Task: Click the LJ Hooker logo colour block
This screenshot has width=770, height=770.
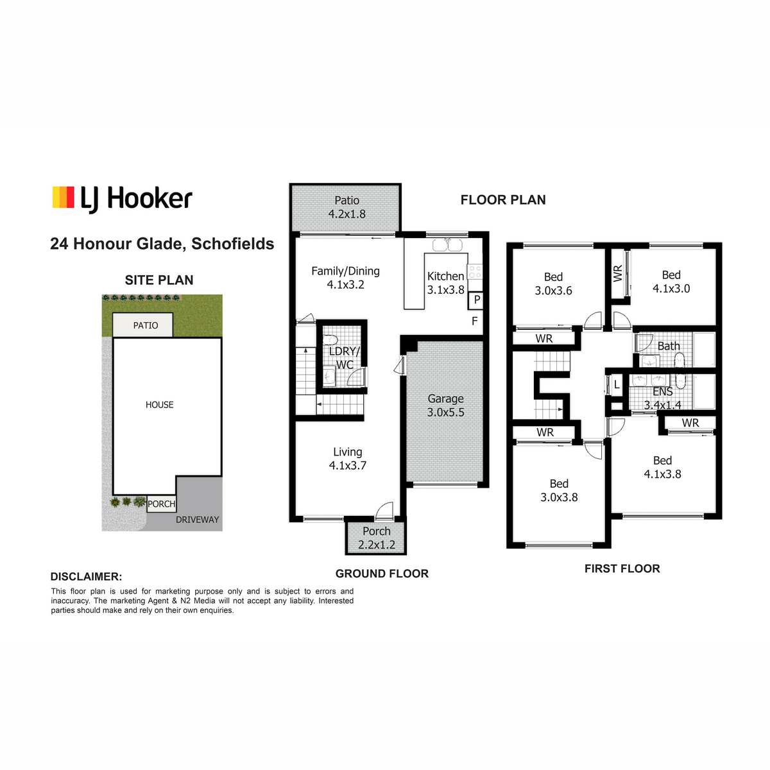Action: pos(63,197)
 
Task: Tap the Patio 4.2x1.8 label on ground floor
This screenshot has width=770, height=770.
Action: pos(346,207)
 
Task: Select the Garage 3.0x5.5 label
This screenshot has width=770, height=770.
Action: pos(445,405)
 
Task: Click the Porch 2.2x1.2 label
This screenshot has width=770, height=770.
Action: pos(377,538)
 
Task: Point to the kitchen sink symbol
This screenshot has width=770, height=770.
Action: pos(447,244)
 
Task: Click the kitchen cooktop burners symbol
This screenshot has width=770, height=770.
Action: pos(475,271)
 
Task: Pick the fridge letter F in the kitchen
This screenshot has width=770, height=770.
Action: pos(475,320)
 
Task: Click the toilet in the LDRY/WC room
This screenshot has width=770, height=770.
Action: pos(330,340)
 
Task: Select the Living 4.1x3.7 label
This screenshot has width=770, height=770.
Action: pos(347,458)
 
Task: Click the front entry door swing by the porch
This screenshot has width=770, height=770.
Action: pos(385,511)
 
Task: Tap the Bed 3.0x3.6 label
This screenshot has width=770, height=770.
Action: pos(553,284)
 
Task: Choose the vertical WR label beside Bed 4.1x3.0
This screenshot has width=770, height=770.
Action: pos(618,273)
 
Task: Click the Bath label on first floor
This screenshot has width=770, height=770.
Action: pos(669,346)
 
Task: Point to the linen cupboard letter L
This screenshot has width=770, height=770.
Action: pos(617,385)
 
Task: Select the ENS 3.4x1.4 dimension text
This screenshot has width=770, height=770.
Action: pos(662,405)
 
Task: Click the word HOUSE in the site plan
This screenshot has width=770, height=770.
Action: pos(159,405)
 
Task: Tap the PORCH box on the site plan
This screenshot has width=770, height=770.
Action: pos(162,504)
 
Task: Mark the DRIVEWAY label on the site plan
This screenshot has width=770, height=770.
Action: pos(198,520)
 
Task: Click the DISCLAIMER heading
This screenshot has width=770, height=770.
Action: pos(87,577)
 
